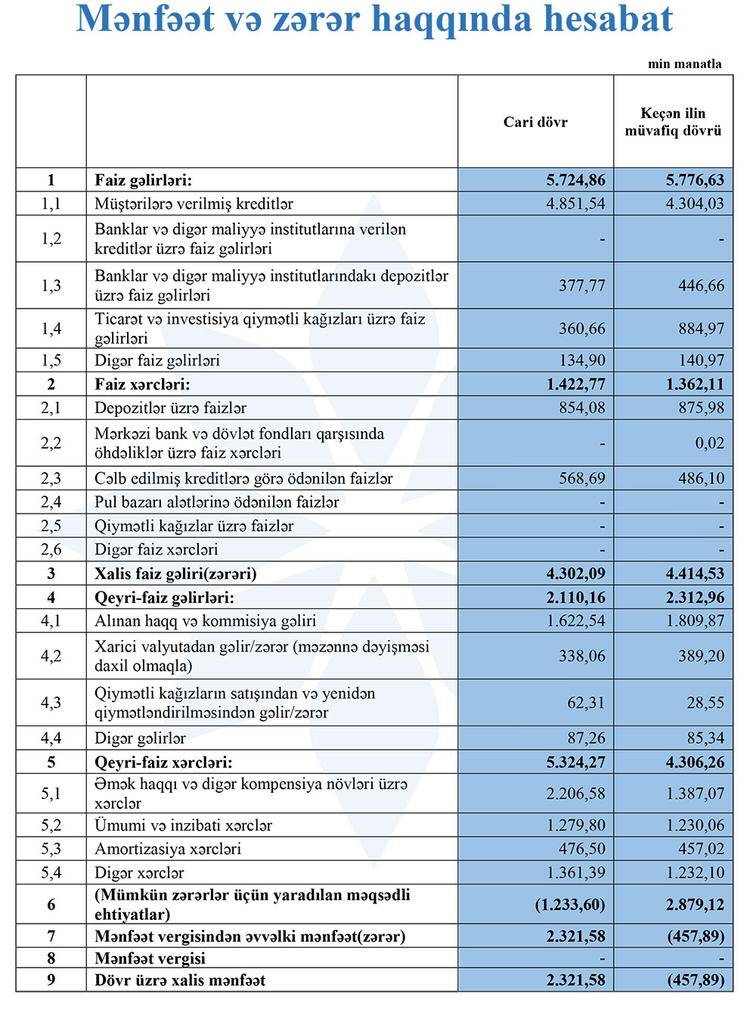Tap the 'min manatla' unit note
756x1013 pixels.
(x=684, y=64)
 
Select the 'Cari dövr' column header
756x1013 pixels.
(x=535, y=122)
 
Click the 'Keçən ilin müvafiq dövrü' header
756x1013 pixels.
(x=673, y=122)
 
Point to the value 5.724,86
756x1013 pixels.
(x=575, y=180)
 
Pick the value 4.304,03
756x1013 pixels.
(x=694, y=204)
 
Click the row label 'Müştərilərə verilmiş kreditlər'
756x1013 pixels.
(x=194, y=204)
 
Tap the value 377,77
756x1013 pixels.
(x=581, y=285)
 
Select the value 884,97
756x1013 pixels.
(x=701, y=328)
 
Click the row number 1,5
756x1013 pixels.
(x=51, y=360)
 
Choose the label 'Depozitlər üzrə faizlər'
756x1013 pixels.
(x=170, y=408)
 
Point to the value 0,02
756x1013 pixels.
(x=709, y=443)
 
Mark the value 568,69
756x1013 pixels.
(x=581, y=478)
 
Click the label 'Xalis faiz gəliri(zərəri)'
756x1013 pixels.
(x=175, y=573)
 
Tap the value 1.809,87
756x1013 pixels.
(x=694, y=620)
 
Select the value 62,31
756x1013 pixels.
(x=586, y=702)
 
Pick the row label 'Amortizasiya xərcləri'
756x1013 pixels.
(x=168, y=849)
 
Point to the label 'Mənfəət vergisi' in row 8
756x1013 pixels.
(x=150, y=959)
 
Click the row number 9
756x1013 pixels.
(x=51, y=980)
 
